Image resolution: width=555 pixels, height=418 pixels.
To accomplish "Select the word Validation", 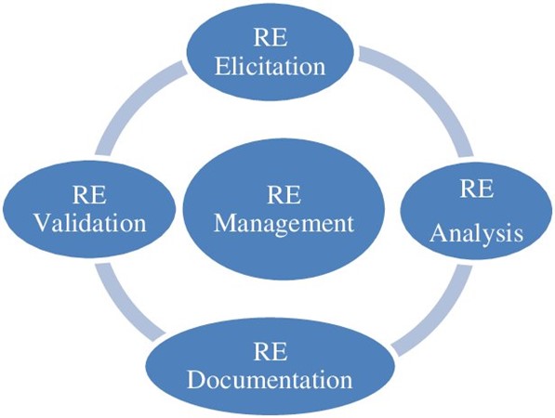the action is pyautogui.click(x=90, y=223).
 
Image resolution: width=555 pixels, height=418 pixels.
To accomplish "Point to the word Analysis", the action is pyautogui.click(x=476, y=235).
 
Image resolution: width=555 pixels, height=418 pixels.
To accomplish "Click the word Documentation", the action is pyautogui.click(x=270, y=380).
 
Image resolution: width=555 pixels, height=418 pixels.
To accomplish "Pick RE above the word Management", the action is pyautogui.click(x=284, y=195).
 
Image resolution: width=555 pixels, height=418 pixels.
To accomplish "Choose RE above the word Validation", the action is pyautogui.click(x=89, y=195).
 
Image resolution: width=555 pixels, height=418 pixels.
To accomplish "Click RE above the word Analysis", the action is pyautogui.click(x=476, y=189).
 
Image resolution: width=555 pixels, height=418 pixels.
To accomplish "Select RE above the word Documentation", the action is pyautogui.click(x=271, y=351).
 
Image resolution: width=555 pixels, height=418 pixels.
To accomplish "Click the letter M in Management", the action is pyautogui.click(x=224, y=223).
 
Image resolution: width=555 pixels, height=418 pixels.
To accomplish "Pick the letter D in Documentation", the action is pyautogui.click(x=196, y=380).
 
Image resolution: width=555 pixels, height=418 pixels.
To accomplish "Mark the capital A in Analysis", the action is pyautogui.click(x=440, y=233).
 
